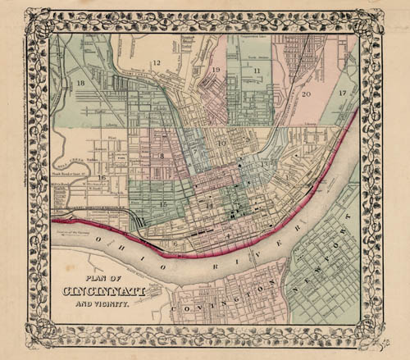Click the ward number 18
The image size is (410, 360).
pyautogui.click(x=80, y=84)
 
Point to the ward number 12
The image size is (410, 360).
pyautogui.click(x=157, y=63)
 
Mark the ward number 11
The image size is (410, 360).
pyautogui.click(x=257, y=71)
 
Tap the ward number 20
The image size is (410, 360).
pyautogui.click(x=306, y=94)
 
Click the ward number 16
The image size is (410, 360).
pyautogui.click(x=102, y=176)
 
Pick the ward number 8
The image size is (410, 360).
pyautogui.click(x=162, y=154)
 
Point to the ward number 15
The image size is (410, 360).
pyautogui.click(x=163, y=203)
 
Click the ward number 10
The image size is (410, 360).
pyautogui.click(x=221, y=144)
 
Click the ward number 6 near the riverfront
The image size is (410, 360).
pyautogui.click(x=175, y=244)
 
